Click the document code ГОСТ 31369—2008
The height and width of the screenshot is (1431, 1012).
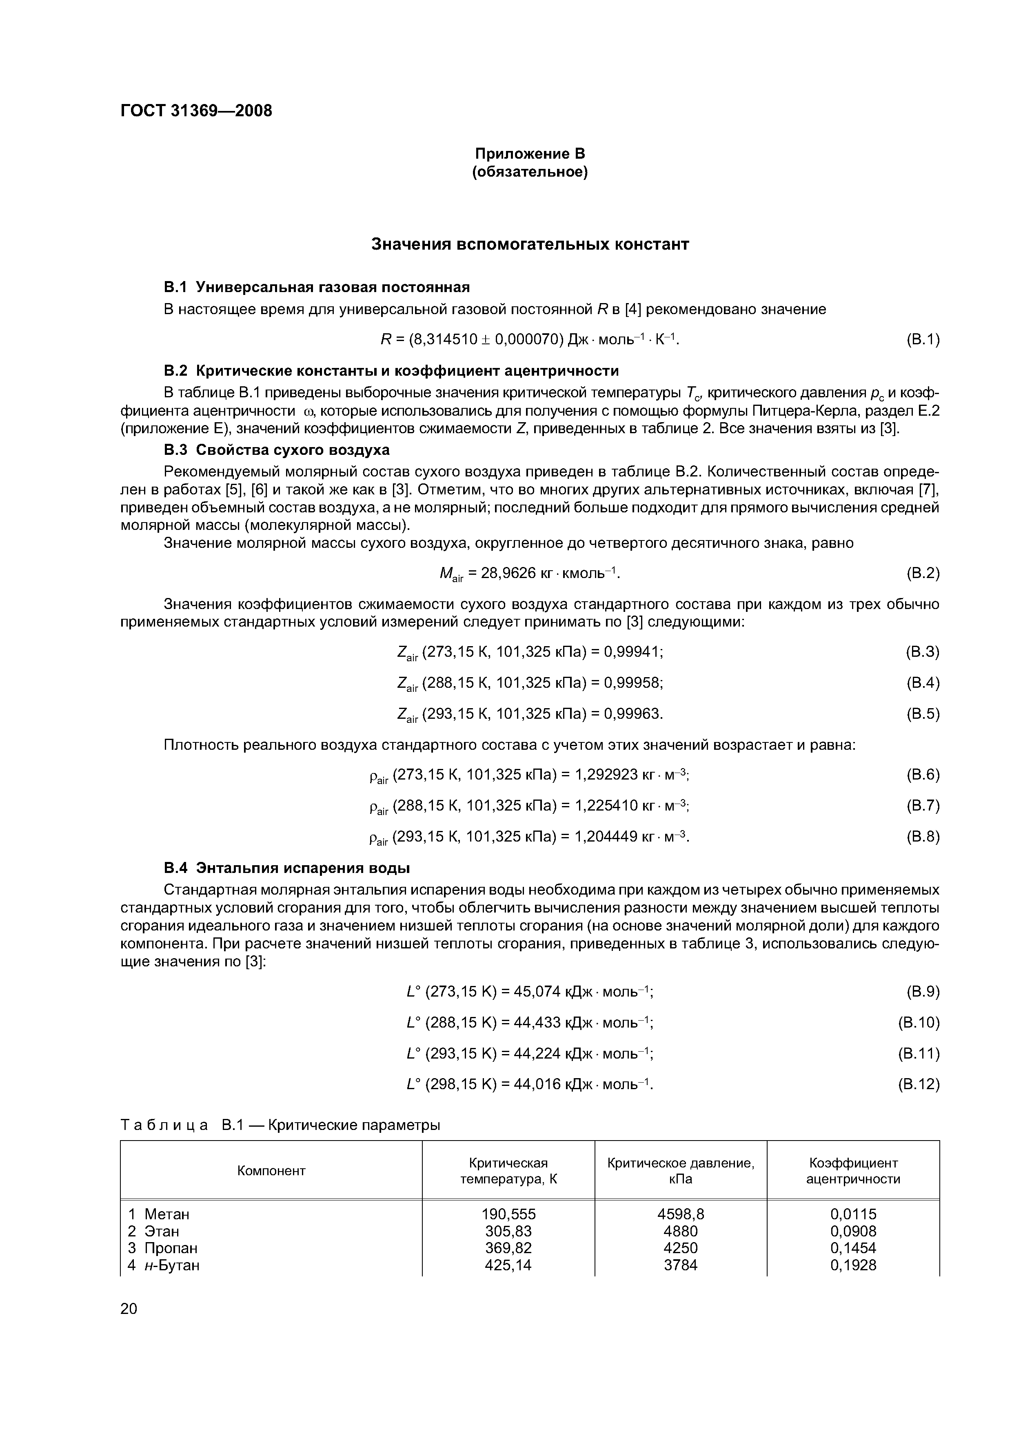pyautogui.click(x=196, y=111)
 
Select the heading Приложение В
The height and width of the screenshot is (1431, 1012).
pyautogui.click(x=530, y=153)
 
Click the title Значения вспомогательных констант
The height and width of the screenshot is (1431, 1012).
pyautogui.click(x=530, y=244)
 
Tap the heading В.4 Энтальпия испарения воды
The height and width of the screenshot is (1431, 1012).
pyautogui.click(x=287, y=868)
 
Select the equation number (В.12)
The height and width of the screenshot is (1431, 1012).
pyautogui.click(x=919, y=1085)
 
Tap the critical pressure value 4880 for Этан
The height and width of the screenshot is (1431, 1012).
pyautogui.click(x=681, y=1231)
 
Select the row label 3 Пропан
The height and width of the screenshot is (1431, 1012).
pyautogui.click(x=163, y=1248)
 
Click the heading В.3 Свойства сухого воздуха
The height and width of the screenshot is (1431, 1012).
pyautogui.click(x=276, y=450)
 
